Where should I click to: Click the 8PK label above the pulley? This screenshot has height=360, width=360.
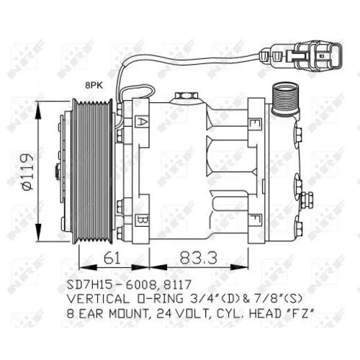pos(94,85)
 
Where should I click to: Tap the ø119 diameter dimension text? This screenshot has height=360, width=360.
pos(27,171)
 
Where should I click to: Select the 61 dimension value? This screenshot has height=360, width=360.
pos(112,258)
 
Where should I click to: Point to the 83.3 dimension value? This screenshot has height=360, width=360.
pos(198,258)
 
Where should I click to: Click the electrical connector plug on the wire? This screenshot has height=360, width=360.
pos(301,56)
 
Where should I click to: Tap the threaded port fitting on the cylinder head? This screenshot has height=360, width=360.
pos(285,98)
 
